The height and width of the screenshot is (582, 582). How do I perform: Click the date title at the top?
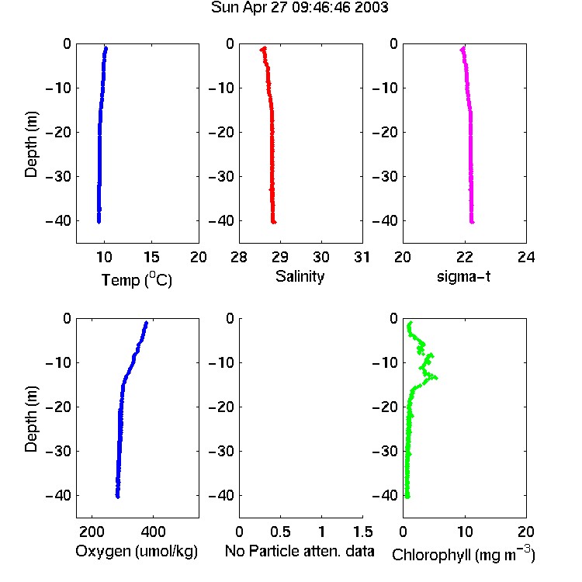click(x=300, y=8)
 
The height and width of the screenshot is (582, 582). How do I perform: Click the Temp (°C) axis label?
click(x=137, y=280)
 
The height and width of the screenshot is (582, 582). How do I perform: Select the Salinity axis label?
click(x=300, y=276)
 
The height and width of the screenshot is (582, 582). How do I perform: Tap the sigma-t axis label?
click(x=463, y=276)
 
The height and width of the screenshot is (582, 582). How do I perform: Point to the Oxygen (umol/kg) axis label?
click(x=137, y=552)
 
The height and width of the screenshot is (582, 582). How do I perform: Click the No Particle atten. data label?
click(x=300, y=551)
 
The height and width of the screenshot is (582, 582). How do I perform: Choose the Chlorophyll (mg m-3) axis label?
click(x=463, y=554)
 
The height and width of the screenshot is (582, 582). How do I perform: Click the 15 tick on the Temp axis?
click(x=151, y=257)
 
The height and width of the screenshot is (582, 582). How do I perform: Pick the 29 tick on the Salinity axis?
click(x=280, y=257)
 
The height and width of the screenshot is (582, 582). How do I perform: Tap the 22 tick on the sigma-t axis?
click(x=464, y=257)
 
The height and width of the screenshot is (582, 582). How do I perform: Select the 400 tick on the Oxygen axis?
click(x=153, y=532)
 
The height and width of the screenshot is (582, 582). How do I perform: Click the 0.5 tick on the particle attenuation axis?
click(x=280, y=532)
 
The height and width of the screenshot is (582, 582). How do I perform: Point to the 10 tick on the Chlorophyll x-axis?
click(x=465, y=532)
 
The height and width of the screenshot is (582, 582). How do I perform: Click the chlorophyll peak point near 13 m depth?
click(x=436, y=377)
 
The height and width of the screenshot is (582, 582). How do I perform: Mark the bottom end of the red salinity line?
click(x=274, y=222)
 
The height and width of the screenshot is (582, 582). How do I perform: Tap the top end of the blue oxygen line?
click(x=146, y=323)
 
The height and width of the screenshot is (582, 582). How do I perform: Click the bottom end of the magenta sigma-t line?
click(x=472, y=222)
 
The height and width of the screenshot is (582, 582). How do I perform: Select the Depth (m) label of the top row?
click(x=31, y=144)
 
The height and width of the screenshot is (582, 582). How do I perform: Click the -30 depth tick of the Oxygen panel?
click(x=58, y=451)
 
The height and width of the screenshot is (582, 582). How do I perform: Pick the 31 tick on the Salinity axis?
click(x=362, y=257)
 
